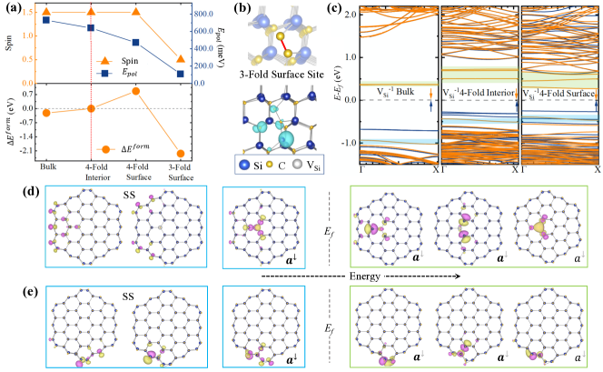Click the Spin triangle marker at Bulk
[46, 12]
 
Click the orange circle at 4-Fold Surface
[135, 91]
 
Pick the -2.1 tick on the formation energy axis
[19, 150]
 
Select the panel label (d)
[12, 193]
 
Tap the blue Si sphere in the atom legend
[242, 165]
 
